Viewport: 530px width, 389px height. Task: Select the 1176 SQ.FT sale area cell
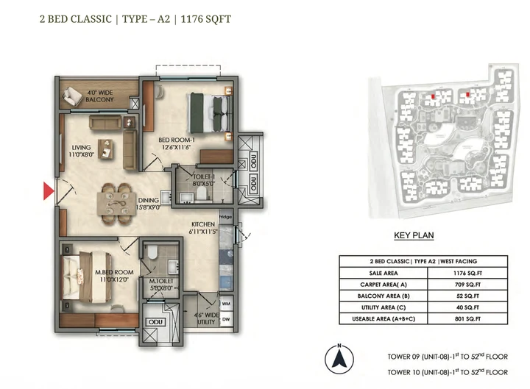(464, 271)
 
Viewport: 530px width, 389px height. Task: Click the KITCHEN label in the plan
(203, 224)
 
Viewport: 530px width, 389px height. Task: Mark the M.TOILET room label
(160, 282)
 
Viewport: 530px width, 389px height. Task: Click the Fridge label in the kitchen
(225, 218)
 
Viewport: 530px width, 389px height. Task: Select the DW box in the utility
(225, 318)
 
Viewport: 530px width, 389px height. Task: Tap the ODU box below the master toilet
(155, 321)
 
